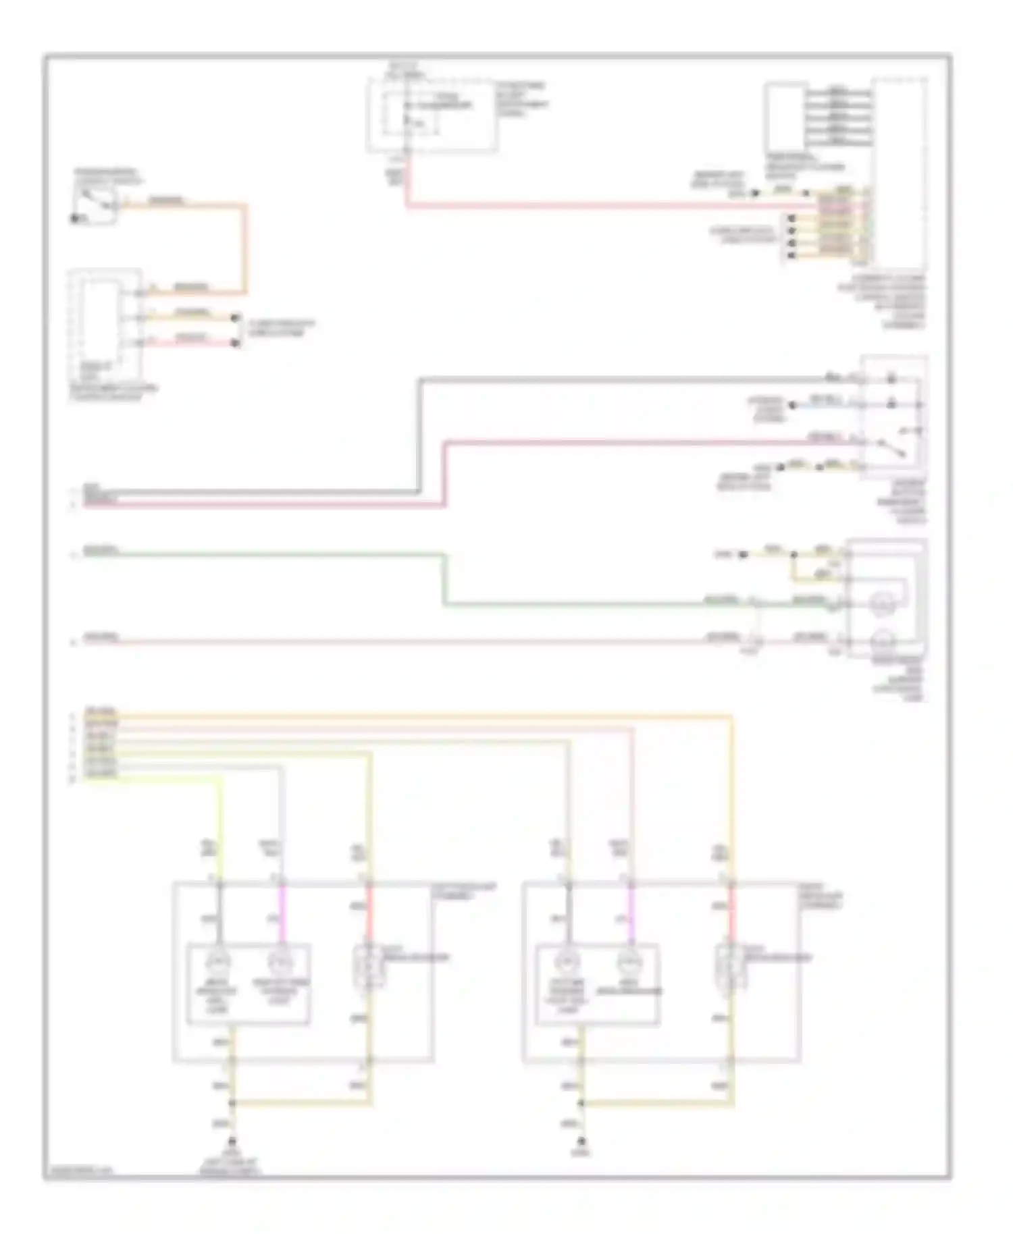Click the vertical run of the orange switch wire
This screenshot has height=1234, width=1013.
(x=245, y=248)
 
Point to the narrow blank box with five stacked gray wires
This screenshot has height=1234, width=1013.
(x=785, y=116)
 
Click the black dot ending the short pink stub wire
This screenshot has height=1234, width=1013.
(x=235, y=343)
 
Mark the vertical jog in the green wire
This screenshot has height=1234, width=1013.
(x=444, y=579)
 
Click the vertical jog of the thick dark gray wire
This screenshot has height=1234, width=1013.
(x=419, y=435)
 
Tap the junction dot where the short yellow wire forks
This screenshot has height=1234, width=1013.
(x=794, y=555)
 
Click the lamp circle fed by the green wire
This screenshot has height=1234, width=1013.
(x=881, y=602)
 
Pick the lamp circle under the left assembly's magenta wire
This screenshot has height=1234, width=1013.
(x=278, y=961)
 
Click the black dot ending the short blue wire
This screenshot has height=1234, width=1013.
(x=793, y=405)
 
